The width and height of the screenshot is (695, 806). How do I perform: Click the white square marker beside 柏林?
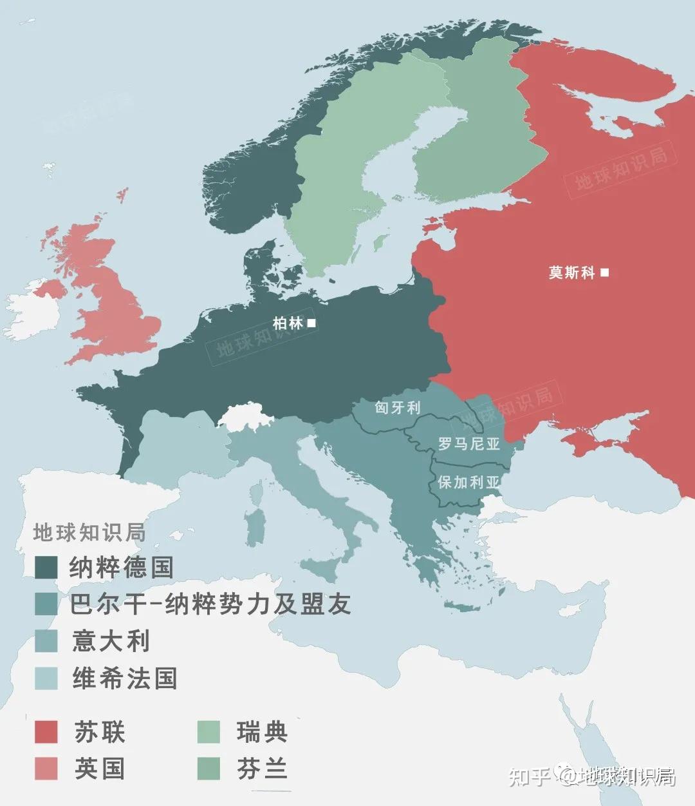click(x=311, y=323)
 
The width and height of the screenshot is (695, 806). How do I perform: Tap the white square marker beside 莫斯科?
click(x=604, y=273)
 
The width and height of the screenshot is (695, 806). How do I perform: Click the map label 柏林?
click(x=288, y=323)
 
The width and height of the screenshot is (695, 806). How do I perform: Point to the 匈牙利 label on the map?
click(x=397, y=408)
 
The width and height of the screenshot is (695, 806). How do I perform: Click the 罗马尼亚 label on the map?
click(x=468, y=444)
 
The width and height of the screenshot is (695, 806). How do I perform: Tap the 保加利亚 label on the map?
click(x=468, y=482)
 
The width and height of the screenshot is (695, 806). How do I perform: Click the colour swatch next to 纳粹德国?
click(x=46, y=568)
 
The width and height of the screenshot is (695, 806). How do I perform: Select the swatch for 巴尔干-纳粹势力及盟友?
click(x=46, y=604)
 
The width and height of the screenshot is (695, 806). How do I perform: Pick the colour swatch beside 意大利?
click(x=46, y=641)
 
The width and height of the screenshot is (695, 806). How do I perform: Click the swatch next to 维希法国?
click(x=46, y=678)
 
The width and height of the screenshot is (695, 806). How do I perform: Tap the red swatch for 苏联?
click(x=46, y=732)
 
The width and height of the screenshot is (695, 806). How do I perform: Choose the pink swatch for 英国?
click(x=46, y=769)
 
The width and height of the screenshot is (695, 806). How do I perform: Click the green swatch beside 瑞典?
click(x=208, y=732)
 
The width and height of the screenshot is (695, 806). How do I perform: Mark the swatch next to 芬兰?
click(x=208, y=769)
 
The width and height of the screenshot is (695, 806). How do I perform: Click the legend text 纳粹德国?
click(x=121, y=568)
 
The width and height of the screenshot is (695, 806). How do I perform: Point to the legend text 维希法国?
click(x=124, y=678)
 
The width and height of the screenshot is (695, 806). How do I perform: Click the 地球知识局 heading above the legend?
click(x=89, y=533)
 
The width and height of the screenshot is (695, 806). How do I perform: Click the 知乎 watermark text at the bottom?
click(x=529, y=777)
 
